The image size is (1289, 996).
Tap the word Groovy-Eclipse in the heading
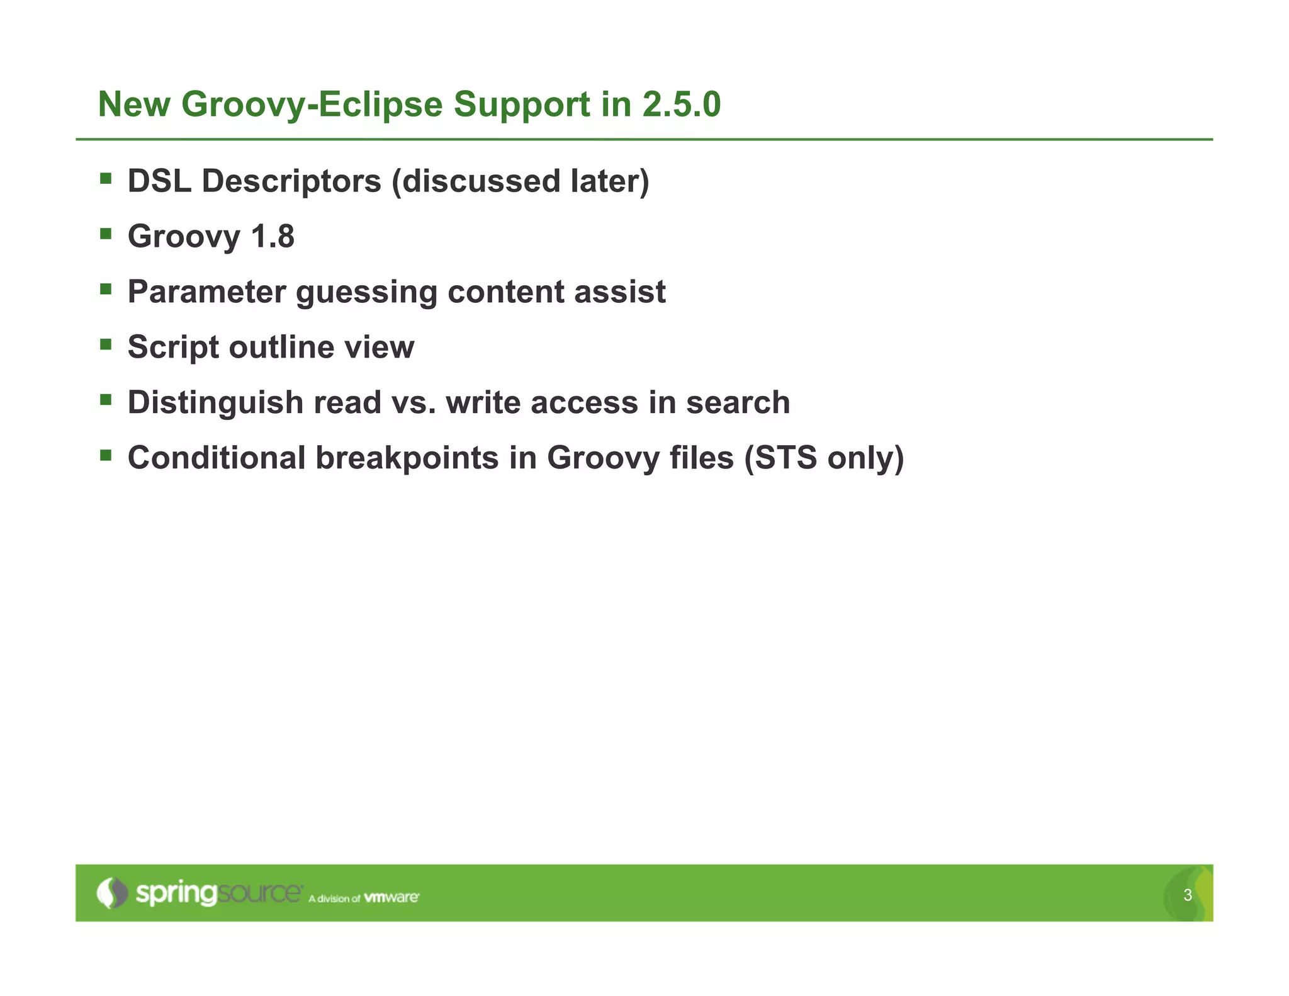(x=312, y=104)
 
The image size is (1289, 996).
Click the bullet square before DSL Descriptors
(x=106, y=179)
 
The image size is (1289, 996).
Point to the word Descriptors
(x=291, y=181)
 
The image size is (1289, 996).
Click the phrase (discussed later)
(x=520, y=181)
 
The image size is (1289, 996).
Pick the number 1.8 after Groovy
(x=273, y=237)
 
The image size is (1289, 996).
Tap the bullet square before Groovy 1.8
(x=106, y=234)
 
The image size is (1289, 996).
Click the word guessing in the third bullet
(x=366, y=292)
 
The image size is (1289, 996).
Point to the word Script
(x=172, y=348)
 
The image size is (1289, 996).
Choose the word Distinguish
(x=215, y=402)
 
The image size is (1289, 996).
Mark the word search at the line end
(x=738, y=402)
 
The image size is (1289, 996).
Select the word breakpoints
(x=407, y=458)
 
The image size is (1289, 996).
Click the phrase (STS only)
(x=823, y=458)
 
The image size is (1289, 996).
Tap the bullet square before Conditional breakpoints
(x=106, y=455)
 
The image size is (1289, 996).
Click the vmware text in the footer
(x=391, y=897)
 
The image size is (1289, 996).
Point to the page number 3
(x=1188, y=895)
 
